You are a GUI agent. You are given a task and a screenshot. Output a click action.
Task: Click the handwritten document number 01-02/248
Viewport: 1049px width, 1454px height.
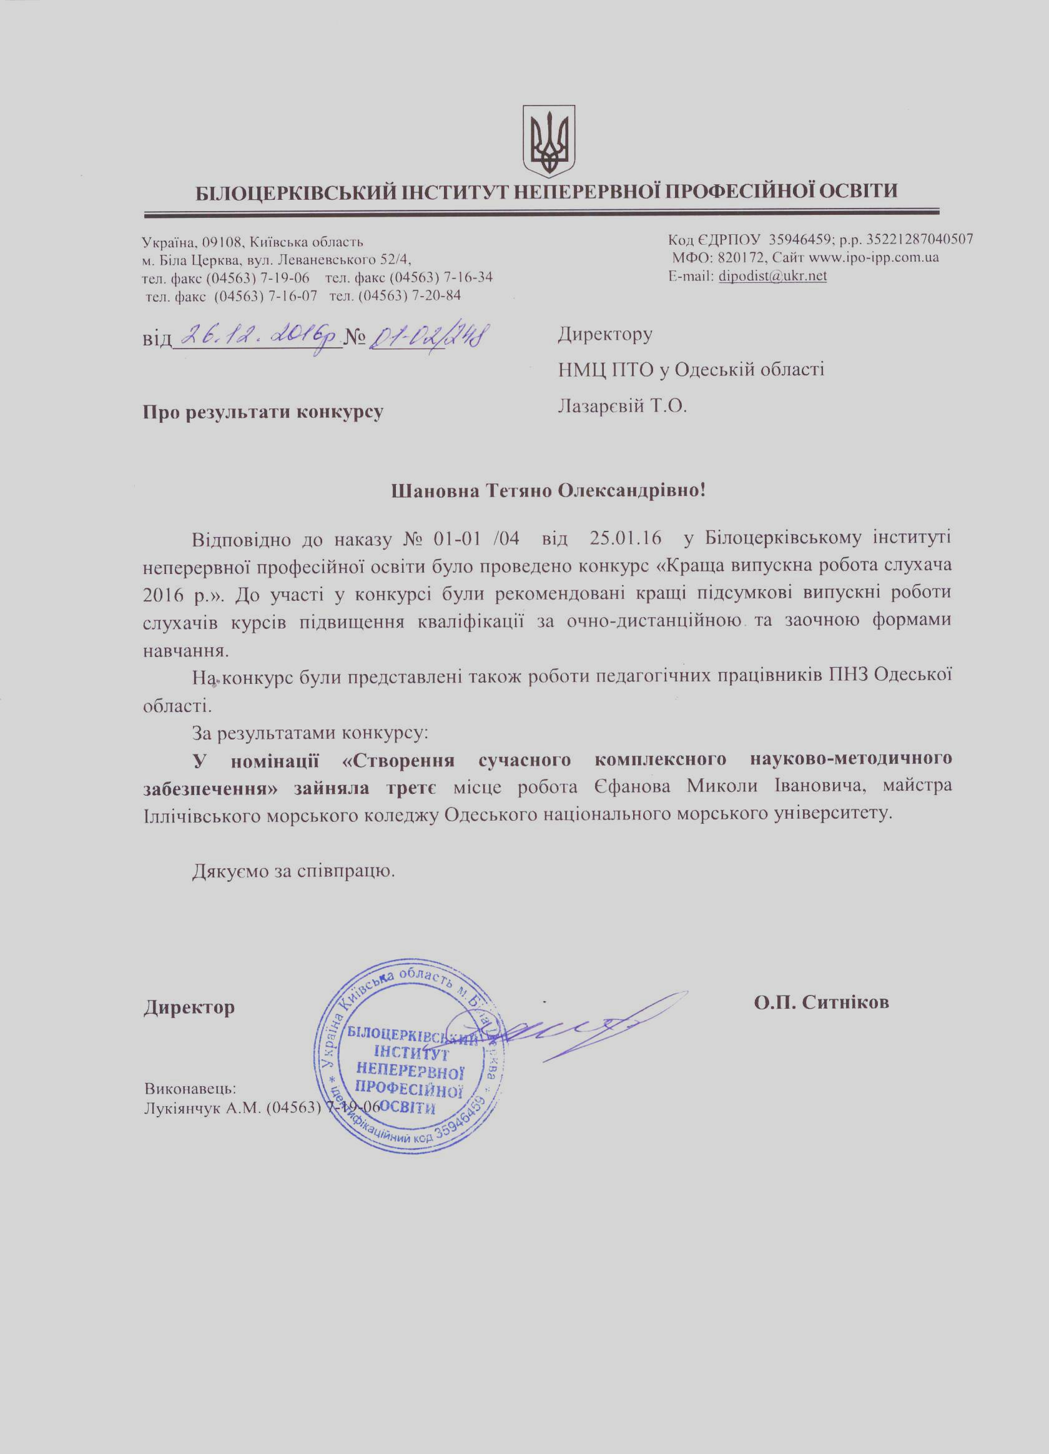pyautogui.click(x=425, y=334)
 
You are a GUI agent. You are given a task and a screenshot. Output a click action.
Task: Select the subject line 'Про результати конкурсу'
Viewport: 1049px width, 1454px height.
pyautogui.click(x=263, y=411)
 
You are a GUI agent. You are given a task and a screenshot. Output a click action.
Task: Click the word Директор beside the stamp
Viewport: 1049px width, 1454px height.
pyautogui.click(x=189, y=1007)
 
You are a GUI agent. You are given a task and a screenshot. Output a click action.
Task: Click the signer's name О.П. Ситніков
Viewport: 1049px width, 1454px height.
pyautogui.click(x=822, y=1002)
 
